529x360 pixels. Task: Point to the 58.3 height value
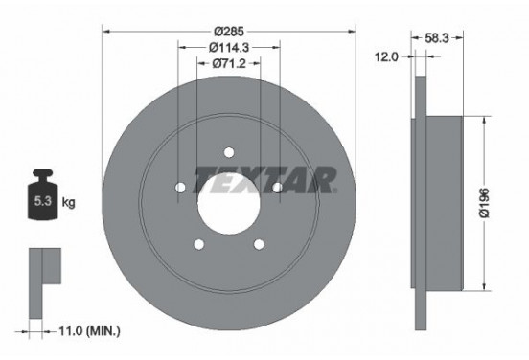[x=440, y=38]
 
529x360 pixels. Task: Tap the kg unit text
[x=68, y=203]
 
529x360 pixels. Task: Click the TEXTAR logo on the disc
[x=264, y=179]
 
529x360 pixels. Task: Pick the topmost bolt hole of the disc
[x=228, y=150]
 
